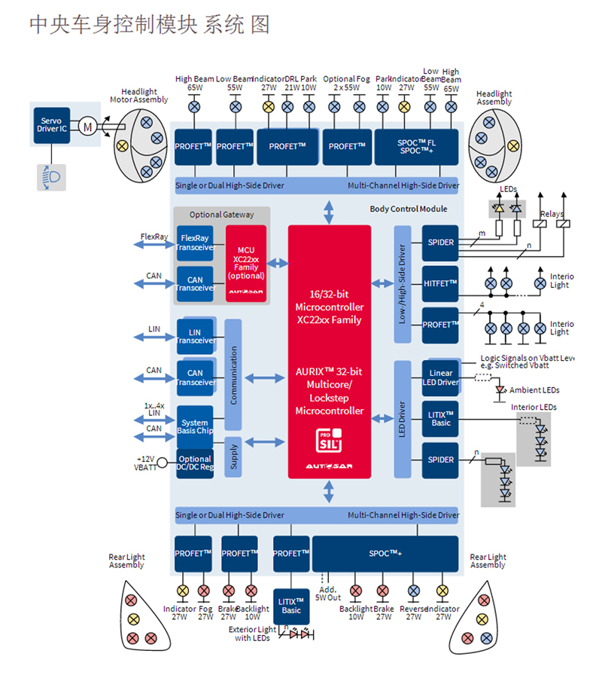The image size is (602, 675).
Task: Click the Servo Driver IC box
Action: coord(52,125)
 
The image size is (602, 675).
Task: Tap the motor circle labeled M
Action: coord(87,127)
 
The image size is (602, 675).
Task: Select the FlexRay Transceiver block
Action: coord(196,242)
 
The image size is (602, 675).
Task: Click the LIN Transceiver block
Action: coord(195,336)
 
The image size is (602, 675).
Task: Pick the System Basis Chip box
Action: coord(195,427)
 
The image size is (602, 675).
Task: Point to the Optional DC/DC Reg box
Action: coord(195,463)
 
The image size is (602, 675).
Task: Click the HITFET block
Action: coord(440,283)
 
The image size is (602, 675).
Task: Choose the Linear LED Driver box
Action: coord(442,377)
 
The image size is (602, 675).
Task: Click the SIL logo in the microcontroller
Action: coord(330,438)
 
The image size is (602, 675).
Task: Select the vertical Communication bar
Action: coord(233,374)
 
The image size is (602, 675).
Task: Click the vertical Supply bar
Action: coord(233,457)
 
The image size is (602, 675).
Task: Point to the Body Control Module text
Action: coord(409,209)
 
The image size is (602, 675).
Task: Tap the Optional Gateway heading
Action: coord(222,215)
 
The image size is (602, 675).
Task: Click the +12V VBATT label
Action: coord(146,463)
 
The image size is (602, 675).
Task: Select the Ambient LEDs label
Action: coord(534,390)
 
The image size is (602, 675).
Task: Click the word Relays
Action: coord(552,214)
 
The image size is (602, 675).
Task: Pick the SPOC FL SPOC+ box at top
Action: coord(416,146)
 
